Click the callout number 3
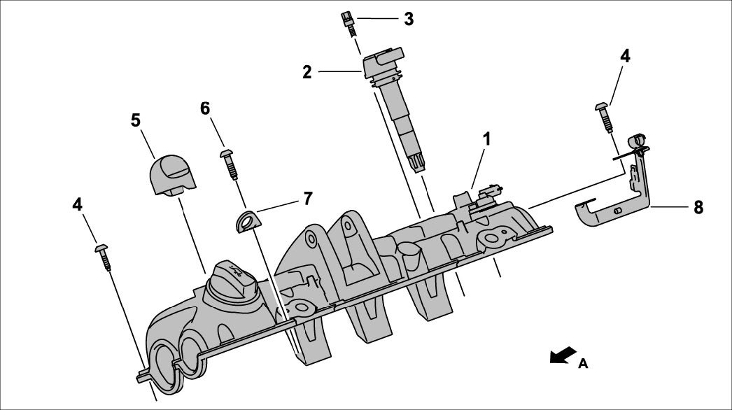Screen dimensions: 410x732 pos(408,19)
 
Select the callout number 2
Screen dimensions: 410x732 pos(307,71)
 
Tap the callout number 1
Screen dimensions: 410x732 pos(486,139)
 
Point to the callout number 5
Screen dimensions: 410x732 pos(136,120)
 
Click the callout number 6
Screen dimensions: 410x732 pos(205,108)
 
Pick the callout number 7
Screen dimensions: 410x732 pos(307,198)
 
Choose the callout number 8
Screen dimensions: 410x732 pos(698,207)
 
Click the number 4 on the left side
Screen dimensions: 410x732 pos(78,204)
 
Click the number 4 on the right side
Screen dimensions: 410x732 pos(625,57)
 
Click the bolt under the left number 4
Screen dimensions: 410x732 pos(103,255)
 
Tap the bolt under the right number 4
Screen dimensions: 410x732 pos(605,115)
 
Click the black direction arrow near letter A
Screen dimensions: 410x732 pos(563,356)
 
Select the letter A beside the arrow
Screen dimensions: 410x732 pos(583,364)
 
